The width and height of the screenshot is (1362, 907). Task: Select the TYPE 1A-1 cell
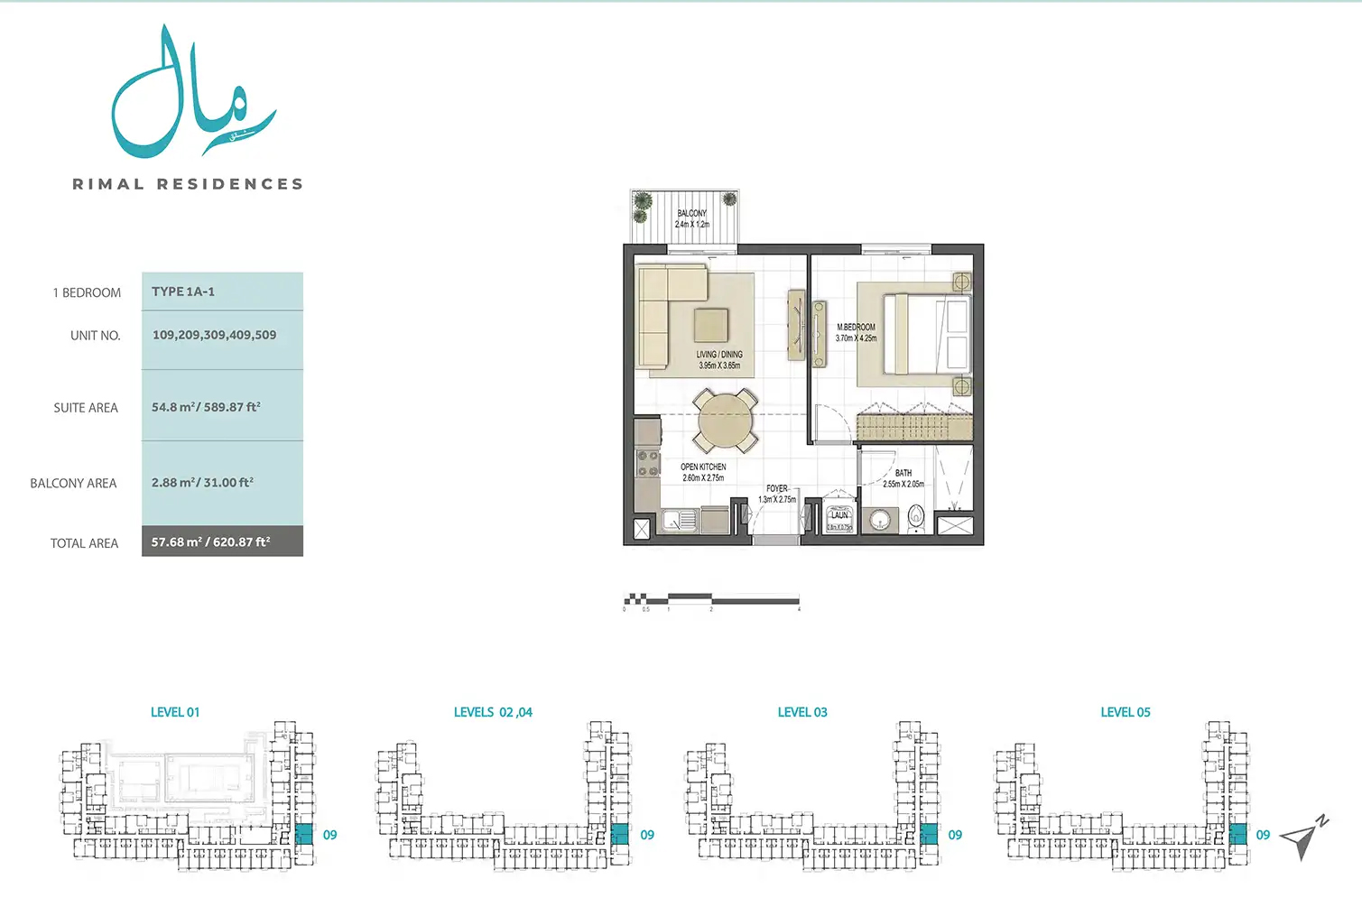[183, 292]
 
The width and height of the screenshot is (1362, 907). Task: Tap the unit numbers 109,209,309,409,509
[214, 335]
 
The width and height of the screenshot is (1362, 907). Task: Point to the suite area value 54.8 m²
[206, 407]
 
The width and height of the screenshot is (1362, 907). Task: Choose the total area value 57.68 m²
[210, 541]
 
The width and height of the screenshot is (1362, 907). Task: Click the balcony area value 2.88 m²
[202, 483]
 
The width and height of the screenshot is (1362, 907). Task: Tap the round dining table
[724, 421]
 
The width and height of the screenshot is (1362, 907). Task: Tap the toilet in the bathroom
[917, 517]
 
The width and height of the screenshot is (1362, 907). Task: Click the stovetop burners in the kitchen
[647, 463]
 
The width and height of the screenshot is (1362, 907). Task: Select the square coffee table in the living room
[711, 325]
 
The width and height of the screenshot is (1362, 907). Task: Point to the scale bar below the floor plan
[711, 598]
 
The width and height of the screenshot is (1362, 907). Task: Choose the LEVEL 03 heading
[802, 712]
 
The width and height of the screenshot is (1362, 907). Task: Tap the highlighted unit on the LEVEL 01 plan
[303, 834]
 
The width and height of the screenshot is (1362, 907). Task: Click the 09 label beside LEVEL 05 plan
[1263, 835]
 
